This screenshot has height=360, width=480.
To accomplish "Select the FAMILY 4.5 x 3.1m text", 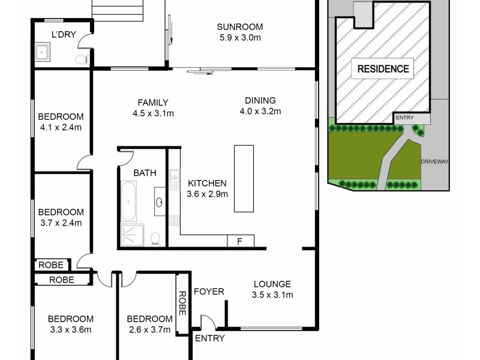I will coord(153,107).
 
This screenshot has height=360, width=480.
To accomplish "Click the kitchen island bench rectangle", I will coord(244,178).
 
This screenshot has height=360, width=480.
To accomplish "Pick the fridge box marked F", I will coord(239,241).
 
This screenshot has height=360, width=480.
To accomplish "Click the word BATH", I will coord(145,173).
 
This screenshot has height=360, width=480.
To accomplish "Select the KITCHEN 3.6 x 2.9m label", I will coord(207,188).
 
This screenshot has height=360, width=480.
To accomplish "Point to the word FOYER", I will coord(209,292).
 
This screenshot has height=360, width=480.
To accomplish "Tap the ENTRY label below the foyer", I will coord(210,338).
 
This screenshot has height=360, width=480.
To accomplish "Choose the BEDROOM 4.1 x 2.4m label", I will coord(61,122).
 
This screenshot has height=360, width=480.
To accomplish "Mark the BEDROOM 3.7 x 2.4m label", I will coord(61,217).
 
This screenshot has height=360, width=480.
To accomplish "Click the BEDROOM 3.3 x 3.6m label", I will coord(71,324).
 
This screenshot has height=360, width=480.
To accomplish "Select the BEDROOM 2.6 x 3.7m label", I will coord(149,324).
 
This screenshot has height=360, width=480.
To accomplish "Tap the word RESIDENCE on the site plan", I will coord(383,69).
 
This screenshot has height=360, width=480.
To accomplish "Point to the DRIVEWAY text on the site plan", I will coord(435,161).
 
